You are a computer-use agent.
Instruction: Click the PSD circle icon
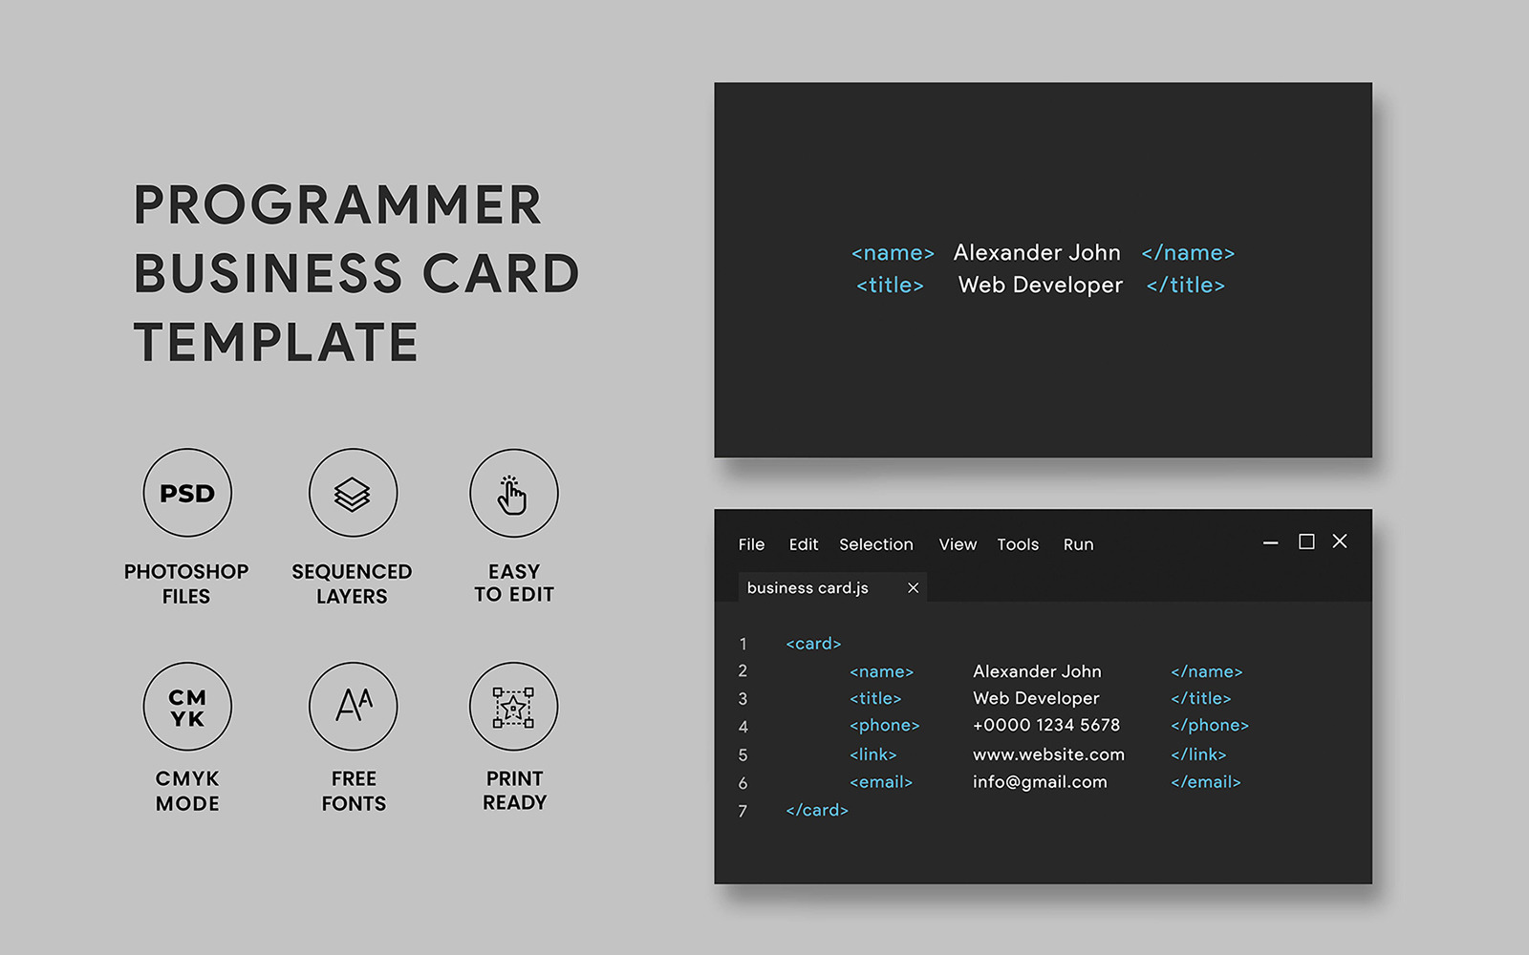click(x=187, y=493)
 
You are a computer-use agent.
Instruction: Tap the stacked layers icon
click(x=353, y=493)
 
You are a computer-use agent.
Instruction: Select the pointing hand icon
click(x=513, y=493)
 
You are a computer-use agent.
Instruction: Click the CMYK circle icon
click(x=187, y=707)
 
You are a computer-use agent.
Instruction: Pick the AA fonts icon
click(x=353, y=707)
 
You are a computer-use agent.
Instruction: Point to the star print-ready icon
click(x=513, y=707)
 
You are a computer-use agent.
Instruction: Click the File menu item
click(x=751, y=544)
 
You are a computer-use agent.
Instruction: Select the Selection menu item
click(x=875, y=544)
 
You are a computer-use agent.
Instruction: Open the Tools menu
click(x=1017, y=544)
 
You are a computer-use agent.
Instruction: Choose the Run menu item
click(x=1078, y=544)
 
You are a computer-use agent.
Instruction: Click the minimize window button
click(x=1270, y=542)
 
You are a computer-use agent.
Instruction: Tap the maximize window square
click(x=1306, y=541)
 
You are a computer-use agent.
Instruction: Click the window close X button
click(x=1340, y=541)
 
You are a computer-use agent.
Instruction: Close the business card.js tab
click(x=913, y=588)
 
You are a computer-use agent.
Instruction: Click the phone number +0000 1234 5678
click(x=1045, y=726)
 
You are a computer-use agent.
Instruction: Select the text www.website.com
click(x=1048, y=754)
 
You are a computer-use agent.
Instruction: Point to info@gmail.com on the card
click(x=1040, y=782)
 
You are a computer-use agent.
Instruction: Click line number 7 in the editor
click(x=743, y=812)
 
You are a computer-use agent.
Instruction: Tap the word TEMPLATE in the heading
click(x=276, y=343)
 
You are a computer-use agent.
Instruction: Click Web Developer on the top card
click(x=1040, y=286)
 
